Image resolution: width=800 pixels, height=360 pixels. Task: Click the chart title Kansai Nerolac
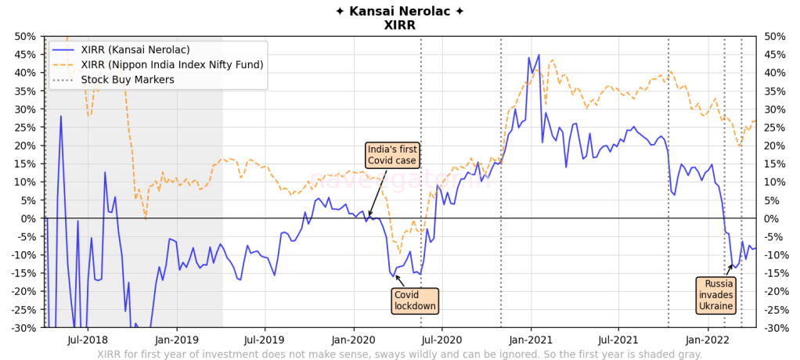(399, 11)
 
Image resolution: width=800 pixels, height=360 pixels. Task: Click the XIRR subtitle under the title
(399, 25)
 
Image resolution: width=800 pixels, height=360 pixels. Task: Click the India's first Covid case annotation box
(393, 155)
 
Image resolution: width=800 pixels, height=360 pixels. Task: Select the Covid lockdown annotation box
(414, 301)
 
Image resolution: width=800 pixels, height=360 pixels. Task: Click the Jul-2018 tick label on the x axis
(87, 340)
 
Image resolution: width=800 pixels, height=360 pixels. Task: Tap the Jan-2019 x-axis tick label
(175, 340)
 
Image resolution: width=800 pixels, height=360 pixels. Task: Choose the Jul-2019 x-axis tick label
(265, 340)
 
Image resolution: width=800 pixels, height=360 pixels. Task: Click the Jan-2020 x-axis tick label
(354, 340)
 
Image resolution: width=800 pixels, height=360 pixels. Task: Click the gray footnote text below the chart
(399, 355)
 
